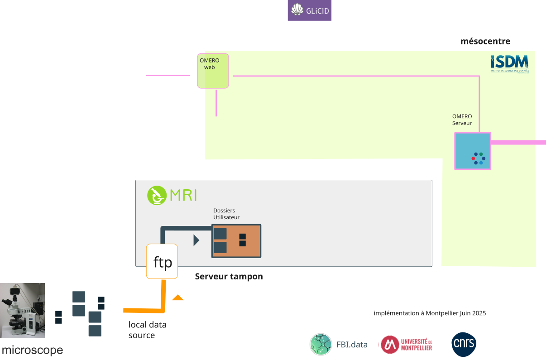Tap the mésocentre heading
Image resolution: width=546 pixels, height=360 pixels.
pos(485,42)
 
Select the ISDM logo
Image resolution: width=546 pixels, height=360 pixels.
pos(509,64)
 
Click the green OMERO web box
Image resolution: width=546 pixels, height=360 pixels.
pos(213,71)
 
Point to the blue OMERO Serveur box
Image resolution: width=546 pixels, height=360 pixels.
pos(472,151)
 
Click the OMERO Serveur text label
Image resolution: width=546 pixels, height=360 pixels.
pos(462,120)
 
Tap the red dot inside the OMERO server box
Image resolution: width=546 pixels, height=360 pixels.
pos(474,158)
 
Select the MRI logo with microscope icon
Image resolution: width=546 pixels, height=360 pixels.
pos(172,196)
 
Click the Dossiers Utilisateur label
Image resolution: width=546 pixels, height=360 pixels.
pos(226,214)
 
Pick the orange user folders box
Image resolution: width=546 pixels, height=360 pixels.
pos(236,241)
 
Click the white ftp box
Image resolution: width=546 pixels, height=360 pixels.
pos(162,262)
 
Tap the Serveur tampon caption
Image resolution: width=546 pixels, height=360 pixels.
pos(229,276)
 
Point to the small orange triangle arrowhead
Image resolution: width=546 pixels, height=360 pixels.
pos(177,298)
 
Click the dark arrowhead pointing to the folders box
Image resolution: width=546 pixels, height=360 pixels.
pos(196,240)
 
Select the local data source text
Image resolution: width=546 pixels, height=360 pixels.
pos(147,330)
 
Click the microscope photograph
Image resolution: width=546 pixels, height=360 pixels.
pos(23,310)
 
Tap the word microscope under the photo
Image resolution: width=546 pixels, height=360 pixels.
pos(32,350)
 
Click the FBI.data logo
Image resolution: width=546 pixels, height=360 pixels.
pos(338,344)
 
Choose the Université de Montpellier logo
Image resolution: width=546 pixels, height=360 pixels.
pos(406,345)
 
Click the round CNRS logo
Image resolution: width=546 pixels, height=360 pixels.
pos(464,345)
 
